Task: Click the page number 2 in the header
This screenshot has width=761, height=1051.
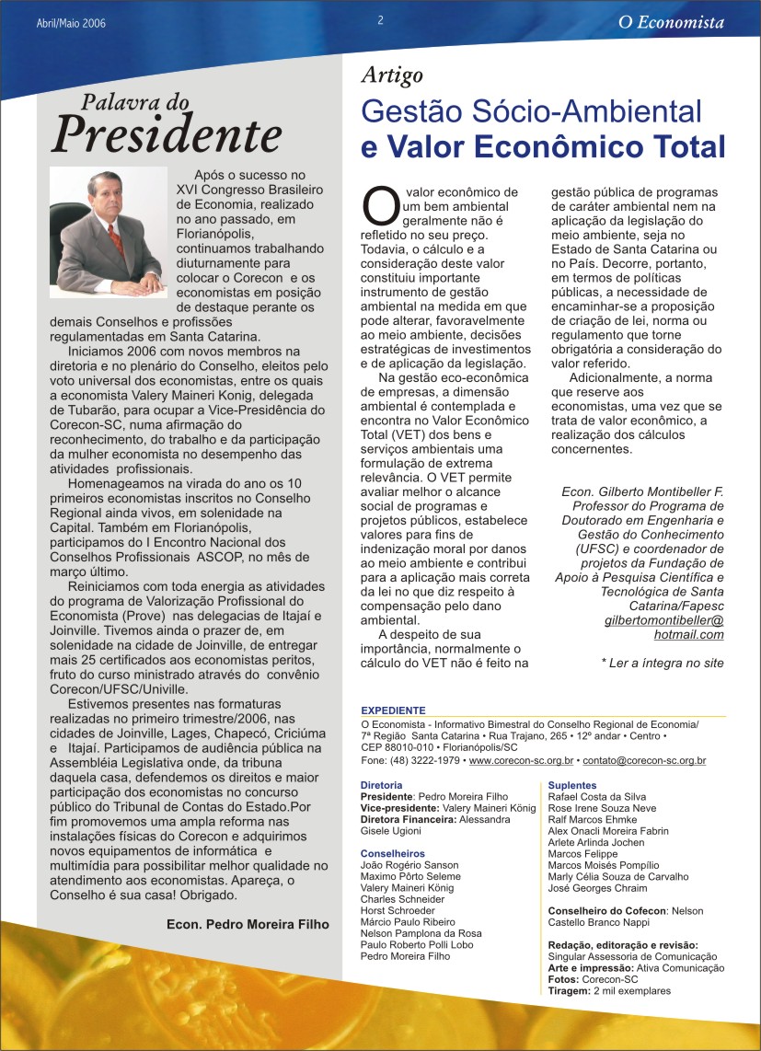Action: click(380, 21)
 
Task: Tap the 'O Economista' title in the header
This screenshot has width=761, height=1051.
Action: click(671, 23)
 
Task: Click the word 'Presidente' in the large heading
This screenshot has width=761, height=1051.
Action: click(167, 135)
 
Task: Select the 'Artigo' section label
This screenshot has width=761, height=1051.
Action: click(392, 76)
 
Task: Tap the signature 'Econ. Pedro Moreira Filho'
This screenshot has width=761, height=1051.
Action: click(248, 925)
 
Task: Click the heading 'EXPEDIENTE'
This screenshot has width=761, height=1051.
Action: click(393, 710)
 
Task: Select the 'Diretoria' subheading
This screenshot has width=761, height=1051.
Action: click(381, 785)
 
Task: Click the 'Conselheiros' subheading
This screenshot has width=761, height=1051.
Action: click(393, 853)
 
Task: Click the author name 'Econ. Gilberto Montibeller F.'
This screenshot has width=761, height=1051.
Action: click(642, 492)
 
